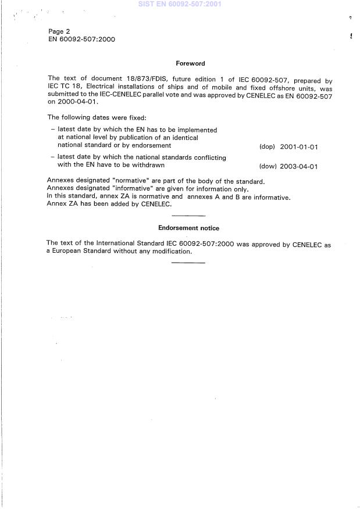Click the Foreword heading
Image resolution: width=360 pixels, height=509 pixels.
coord(190,63)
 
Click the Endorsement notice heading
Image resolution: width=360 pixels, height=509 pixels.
coord(189,228)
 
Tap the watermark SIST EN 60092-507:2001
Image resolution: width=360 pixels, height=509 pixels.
coord(180,4)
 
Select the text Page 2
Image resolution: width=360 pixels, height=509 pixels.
coord(59,31)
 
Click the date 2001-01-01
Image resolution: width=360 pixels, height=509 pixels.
coord(298,147)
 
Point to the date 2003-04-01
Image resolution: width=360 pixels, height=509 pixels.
coord(298,166)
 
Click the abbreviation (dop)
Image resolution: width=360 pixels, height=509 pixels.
coord(267,147)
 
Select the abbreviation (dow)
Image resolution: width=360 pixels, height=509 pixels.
coord(267,166)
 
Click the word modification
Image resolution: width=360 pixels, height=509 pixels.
coord(172,252)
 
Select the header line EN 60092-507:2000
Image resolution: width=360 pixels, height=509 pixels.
coord(82,40)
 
